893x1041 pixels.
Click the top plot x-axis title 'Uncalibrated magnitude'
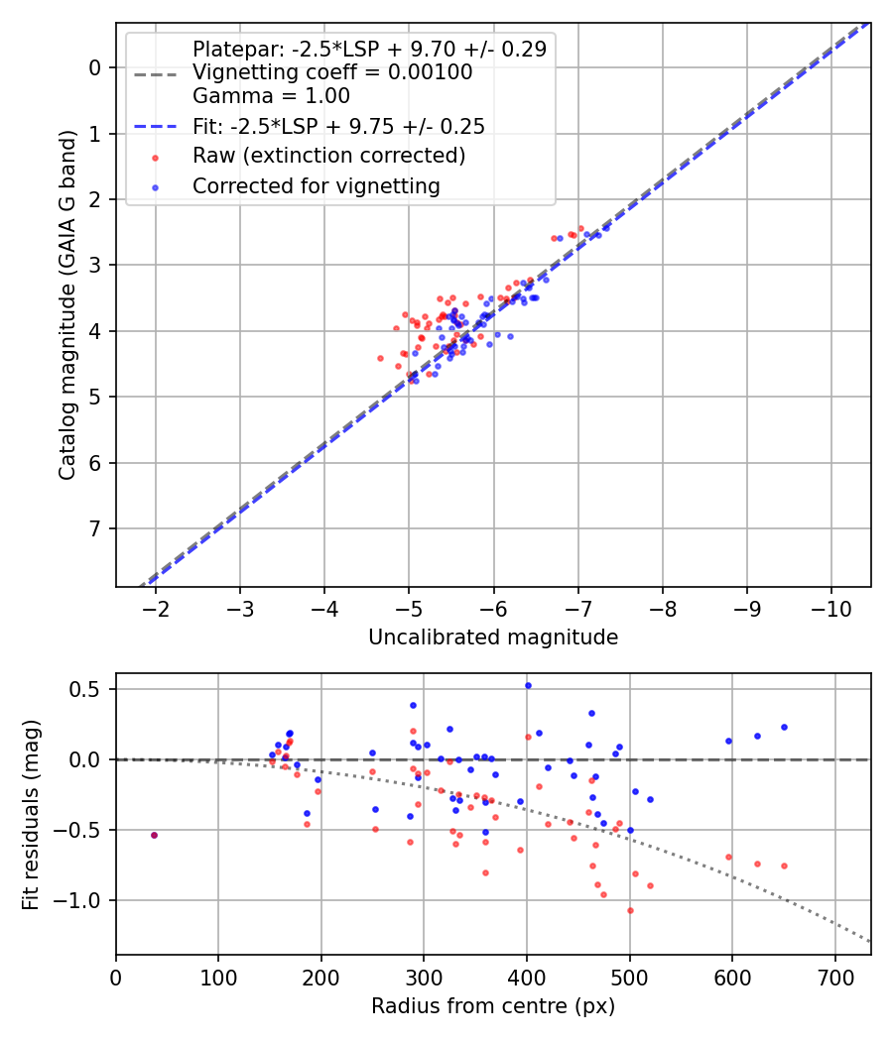(493, 637)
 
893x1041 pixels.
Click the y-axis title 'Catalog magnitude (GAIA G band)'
(67, 304)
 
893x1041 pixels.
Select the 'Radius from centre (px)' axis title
(493, 1006)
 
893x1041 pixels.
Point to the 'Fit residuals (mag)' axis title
(31, 814)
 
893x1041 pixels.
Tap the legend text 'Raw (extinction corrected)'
(328, 156)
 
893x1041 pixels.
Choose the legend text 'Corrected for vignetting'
(317, 185)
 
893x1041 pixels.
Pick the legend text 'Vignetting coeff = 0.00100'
(332, 72)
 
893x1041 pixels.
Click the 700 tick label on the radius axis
(834, 978)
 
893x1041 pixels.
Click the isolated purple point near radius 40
(154, 835)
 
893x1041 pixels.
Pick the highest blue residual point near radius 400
(528, 685)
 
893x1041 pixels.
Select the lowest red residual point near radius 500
(630, 910)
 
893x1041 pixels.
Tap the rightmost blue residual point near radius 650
(784, 727)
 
